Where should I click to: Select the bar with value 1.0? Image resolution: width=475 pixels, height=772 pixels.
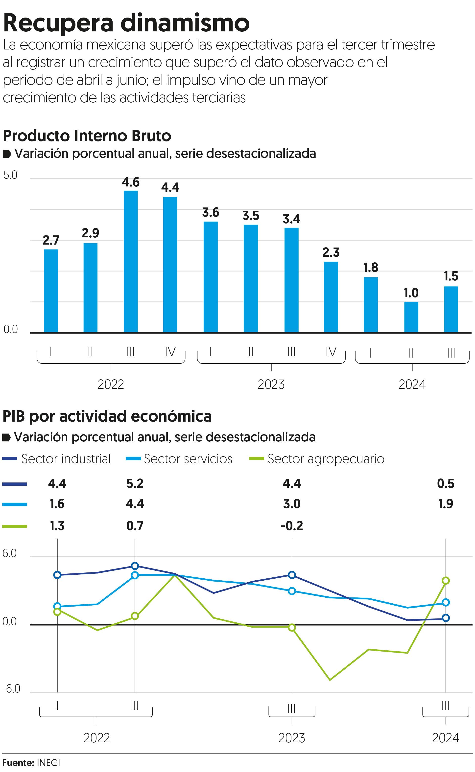(x=411, y=317)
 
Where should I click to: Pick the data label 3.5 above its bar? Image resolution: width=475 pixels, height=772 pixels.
(x=251, y=216)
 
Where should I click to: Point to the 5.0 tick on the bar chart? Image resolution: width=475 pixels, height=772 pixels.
(x=10, y=175)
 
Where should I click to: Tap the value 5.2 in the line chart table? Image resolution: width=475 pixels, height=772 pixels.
(x=135, y=483)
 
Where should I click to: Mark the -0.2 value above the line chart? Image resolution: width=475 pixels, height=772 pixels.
(x=292, y=525)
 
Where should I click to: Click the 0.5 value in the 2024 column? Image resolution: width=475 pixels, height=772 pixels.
(x=446, y=483)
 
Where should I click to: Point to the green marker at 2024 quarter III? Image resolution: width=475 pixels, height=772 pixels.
(x=446, y=581)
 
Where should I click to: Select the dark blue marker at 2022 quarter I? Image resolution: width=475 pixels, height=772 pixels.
(x=57, y=575)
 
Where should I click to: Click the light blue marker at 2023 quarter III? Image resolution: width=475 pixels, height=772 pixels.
(x=292, y=591)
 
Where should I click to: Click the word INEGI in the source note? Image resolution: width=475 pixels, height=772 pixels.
(x=48, y=763)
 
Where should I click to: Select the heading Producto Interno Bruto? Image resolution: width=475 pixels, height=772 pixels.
(x=87, y=136)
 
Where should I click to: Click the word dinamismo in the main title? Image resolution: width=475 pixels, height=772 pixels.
(x=185, y=23)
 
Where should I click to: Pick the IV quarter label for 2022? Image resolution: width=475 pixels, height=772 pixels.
(x=170, y=352)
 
